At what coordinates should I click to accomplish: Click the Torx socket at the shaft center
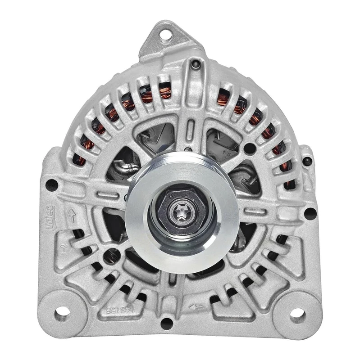181,210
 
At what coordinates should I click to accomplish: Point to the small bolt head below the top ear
195,65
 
